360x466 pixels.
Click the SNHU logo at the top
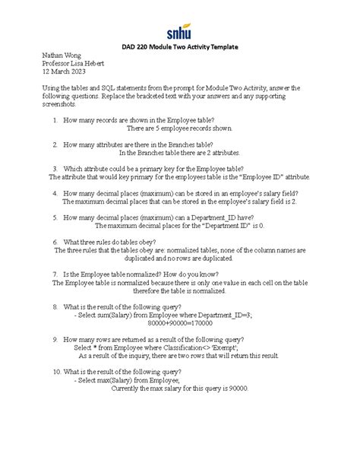tap(180, 32)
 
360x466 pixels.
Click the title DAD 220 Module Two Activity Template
tap(180, 48)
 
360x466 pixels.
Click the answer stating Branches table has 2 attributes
tap(179, 153)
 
